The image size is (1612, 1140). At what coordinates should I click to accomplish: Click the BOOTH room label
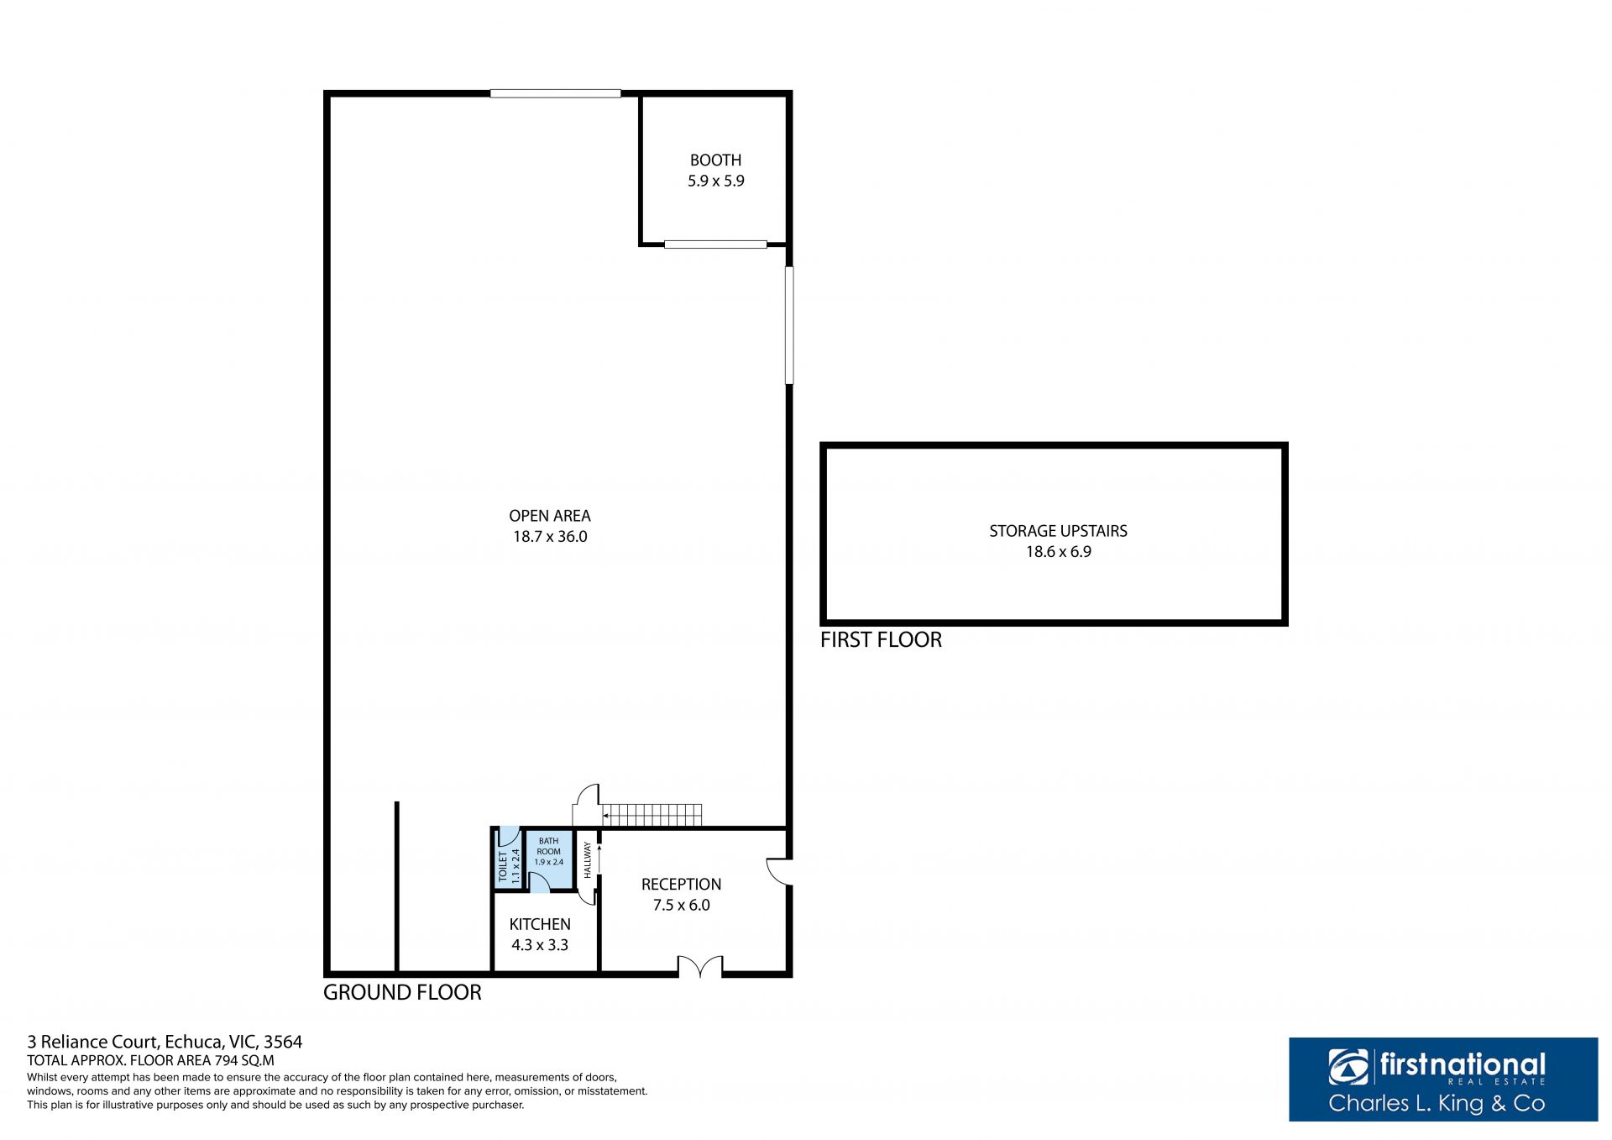coord(715,160)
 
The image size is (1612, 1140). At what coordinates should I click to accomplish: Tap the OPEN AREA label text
coord(550,516)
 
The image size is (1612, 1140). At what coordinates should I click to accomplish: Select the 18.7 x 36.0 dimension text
coord(550,537)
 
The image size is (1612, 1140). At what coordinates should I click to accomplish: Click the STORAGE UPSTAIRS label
coord(1058,531)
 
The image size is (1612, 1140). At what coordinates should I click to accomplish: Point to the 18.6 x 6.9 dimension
coord(1058,552)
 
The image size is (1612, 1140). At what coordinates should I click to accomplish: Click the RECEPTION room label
coord(681,884)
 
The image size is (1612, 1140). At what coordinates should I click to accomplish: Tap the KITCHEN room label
coord(540,924)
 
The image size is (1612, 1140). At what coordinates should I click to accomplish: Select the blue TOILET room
coord(509,858)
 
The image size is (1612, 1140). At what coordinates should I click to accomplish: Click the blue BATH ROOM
coord(549,859)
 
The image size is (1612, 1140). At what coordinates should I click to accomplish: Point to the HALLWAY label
coord(588,860)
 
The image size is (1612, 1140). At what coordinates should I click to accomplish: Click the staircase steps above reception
coord(652,815)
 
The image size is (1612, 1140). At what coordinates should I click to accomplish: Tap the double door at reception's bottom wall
coord(700,967)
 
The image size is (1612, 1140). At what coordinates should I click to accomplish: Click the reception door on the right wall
coord(779,871)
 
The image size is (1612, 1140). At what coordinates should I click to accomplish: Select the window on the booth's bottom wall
coord(715,244)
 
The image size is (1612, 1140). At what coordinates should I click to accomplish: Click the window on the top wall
coord(556,93)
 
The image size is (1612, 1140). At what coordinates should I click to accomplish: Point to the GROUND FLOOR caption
coord(402,992)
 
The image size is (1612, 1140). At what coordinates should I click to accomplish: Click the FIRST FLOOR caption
coord(881,640)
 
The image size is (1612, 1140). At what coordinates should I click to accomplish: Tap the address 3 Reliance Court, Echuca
coord(165,1042)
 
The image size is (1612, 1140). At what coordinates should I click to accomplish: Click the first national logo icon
coord(1348,1067)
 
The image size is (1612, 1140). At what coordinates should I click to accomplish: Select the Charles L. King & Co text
coord(1437,1103)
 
